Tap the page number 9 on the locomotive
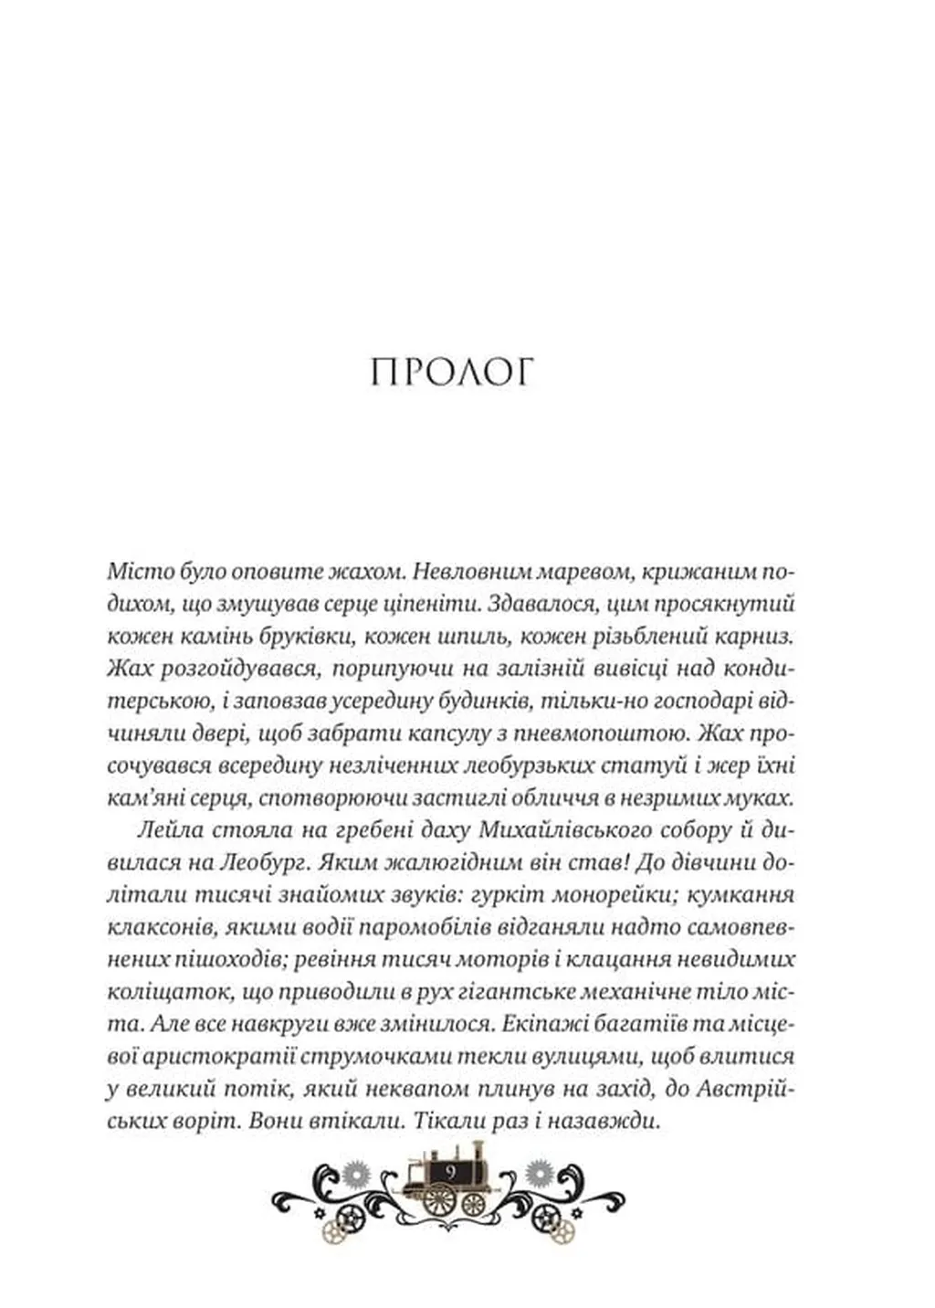coord(451,1170)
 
